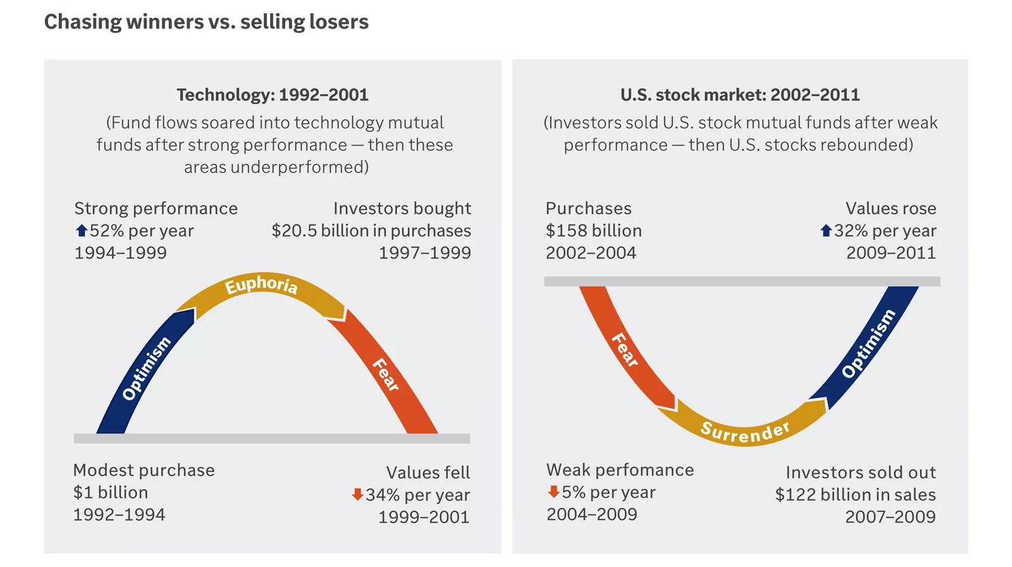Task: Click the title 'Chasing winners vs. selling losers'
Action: tap(206, 22)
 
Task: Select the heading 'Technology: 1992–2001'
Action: tap(273, 95)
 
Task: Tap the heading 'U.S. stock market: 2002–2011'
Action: tap(740, 95)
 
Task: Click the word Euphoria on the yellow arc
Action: tap(261, 285)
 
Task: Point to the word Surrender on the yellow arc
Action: tap(745, 432)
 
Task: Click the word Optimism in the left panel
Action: tap(146, 368)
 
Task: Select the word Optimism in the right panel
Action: tap(868, 344)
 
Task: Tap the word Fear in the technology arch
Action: tap(386, 374)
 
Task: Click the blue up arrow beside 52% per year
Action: tap(82, 231)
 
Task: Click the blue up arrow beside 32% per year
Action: tap(826, 231)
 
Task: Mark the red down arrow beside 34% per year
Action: tap(357, 494)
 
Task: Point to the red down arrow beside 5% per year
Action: tap(553, 492)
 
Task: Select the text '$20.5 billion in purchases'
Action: tap(371, 231)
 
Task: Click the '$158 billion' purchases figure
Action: tap(593, 231)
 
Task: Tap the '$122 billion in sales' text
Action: tap(855, 495)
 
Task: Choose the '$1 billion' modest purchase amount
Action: tap(111, 492)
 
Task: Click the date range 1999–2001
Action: tap(424, 518)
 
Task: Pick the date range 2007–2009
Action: tap(890, 518)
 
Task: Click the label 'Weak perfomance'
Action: tap(620, 470)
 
